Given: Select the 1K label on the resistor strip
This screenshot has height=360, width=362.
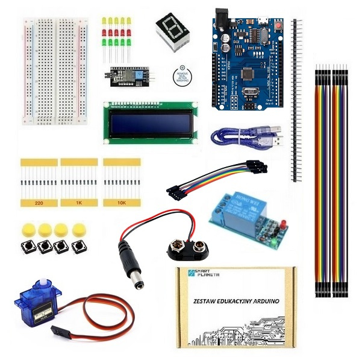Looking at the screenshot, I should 79,204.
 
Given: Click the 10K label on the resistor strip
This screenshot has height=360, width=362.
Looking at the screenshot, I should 122,204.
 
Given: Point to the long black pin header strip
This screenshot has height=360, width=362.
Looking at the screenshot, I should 296,99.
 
